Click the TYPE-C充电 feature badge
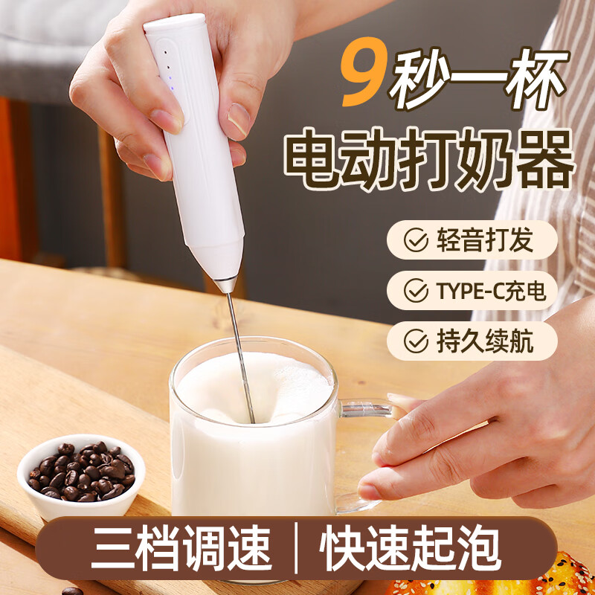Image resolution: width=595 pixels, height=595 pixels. [472, 291]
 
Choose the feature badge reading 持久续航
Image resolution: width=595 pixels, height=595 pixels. [472, 341]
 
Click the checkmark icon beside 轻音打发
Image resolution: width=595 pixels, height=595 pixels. [415, 240]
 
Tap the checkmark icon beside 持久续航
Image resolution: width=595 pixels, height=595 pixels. [415, 341]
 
